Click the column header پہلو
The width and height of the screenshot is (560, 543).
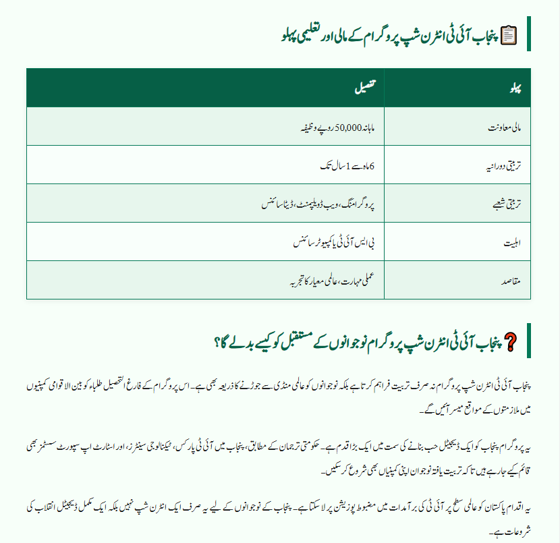point(515,88)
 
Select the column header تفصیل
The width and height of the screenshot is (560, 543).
point(365,88)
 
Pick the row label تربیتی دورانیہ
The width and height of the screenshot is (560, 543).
point(501,165)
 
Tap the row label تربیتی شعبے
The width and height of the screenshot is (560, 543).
point(504,203)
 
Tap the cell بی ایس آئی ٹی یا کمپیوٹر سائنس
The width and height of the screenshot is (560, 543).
point(331,241)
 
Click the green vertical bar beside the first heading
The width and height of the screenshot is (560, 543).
point(528,33)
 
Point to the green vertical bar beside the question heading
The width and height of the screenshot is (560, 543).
point(528,341)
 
